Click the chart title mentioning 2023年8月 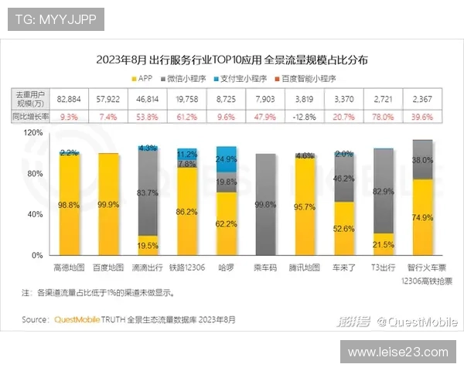(x=232, y=59)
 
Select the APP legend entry (x=147, y=78)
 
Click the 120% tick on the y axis (x=34, y=133)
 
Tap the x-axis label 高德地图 (x=68, y=267)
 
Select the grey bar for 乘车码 (x=265, y=205)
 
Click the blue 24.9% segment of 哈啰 (x=227, y=158)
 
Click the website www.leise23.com (x=397, y=352)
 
